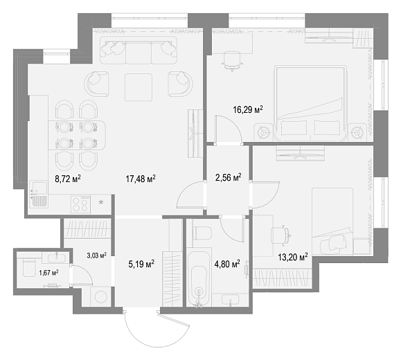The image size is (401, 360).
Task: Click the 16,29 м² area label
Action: pyautogui.click(x=248, y=109)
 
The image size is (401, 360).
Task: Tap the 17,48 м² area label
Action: pyautogui.click(x=141, y=179)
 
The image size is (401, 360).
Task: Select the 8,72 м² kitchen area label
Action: pyautogui.click(x=68, y=179)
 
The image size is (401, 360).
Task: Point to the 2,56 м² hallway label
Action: pyautogui.click(x=228, y=177)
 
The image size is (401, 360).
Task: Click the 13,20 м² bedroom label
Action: pyautogui.click(x=293, y=257)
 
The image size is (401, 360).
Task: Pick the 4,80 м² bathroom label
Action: pyautogui.click(x=227, y=263)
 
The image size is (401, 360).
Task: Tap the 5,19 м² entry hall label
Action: pyautogui.click(x=141, y=263)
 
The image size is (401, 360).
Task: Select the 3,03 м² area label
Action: pyautogui.click(x=97, y=255)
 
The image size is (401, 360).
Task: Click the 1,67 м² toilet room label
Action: pyautogui.click(x=48, y=273)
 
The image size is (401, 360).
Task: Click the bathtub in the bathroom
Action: pyautogui.click(x=199, y=279)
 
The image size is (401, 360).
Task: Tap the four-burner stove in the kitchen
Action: pyautogui.click(x=80, y=204)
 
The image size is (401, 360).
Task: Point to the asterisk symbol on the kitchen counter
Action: pyautogui.click(x=101, y=202)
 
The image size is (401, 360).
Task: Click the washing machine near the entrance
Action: pyautogui.click(x=100, y=296)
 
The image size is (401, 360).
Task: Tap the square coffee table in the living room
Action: pyautogui.click(x=139, y=87)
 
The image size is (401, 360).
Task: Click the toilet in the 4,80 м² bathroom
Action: pyautogui.click(x=202, y=233)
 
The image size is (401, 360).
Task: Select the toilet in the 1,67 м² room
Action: pyautogui.click(x=28, y=267)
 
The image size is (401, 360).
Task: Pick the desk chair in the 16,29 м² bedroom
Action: pyautogui.click(x=232, y=61)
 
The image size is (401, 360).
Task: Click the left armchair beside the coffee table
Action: pyautogui.click(x=96, y=84)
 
